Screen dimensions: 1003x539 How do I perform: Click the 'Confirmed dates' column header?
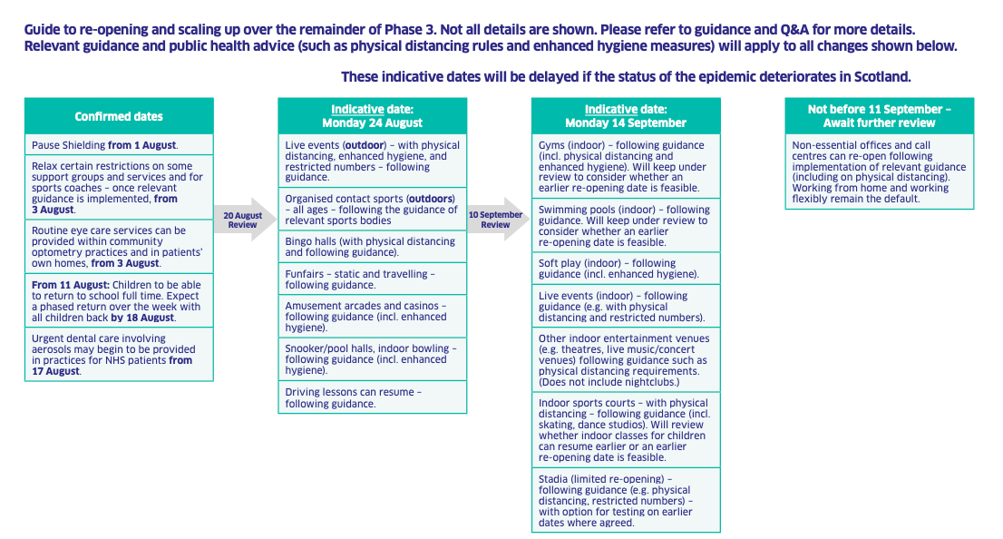pyautogui.click(x=119, y=116)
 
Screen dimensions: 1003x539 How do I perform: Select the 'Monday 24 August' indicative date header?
pyautogui.click(x=373, y=116)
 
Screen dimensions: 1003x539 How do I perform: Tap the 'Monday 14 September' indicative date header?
pyautogui.click(x=626, y=116)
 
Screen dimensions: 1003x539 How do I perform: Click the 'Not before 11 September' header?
pyautogui.click(x=879, y=116)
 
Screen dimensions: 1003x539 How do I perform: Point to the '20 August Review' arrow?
pyautogui.click(x=244, y=220)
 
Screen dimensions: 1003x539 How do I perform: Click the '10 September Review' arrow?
pyautogui.click(x=498, y=220)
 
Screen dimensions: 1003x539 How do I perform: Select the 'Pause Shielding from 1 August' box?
pyautogui.click(x=119, y=144)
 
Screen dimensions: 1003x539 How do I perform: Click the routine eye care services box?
pyautogui.click(x=119, y=247)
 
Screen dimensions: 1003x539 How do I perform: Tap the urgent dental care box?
pyautogui.click(x=119, y=355)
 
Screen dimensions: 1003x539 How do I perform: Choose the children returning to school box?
pyautogui.click(x=119, y=301)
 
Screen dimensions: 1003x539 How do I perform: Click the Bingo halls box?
pyautogui.click(x=373, y=247)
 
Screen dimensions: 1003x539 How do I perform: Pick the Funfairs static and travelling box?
pyautogui.click(x=373, y=279)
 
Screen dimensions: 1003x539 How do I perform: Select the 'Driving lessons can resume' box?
pyautogui.click(x=373, y=397)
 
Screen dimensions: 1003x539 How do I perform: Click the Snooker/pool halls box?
pyautogui.click(x=373, y=359)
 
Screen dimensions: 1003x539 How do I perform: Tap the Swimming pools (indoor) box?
pyautogui.click(x=626, y=225)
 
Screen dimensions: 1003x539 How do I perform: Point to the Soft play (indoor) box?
pyautogui.click(x=626, y=269)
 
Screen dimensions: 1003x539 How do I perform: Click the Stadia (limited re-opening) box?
pyautogui.click(x=626, y=500)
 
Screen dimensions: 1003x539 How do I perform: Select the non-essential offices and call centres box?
pyautogui.click(x=879, y=171)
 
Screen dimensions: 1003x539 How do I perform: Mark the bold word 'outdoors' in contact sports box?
pyautogui.click(x=432, y=199)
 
